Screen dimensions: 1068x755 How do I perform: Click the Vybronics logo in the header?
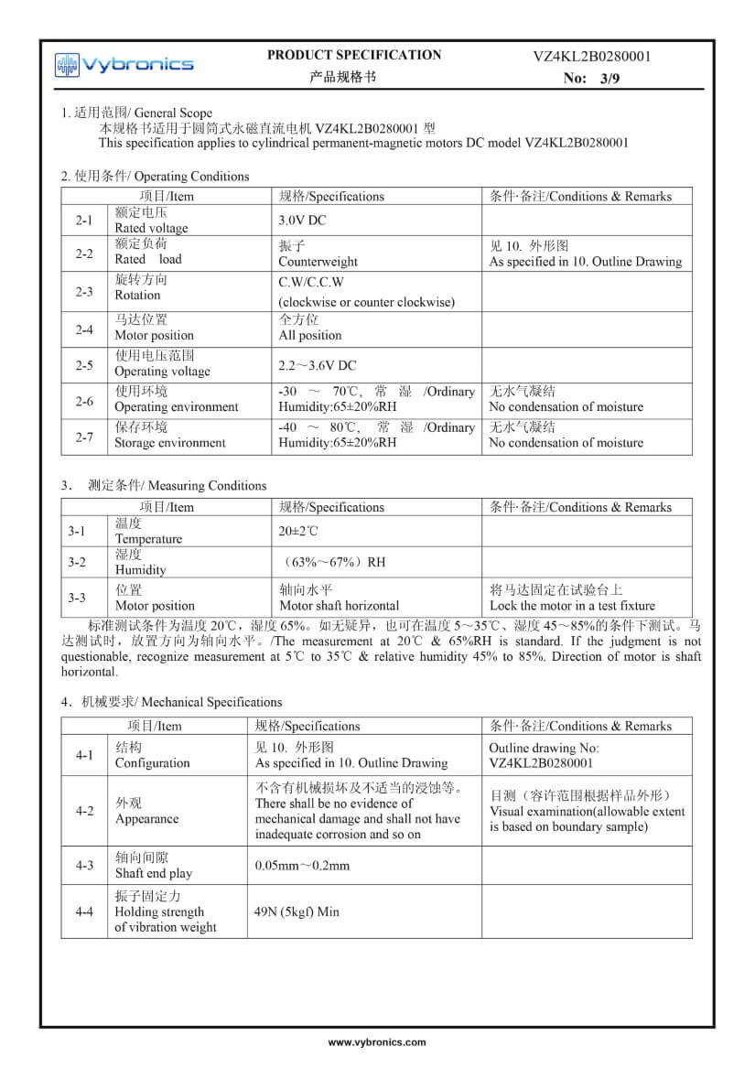click(124, 64)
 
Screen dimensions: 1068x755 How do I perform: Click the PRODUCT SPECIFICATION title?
click(353, 55)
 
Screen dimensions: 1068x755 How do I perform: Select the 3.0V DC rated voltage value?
click(302, 221)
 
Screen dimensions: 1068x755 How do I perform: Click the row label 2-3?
click(84, 292)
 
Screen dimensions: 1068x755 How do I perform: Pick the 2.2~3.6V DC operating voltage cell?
click(318, 365)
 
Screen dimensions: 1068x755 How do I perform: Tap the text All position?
click(310, 336)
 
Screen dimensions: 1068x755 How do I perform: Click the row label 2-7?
click(84, 437)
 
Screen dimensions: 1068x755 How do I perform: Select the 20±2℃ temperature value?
click(298, 531)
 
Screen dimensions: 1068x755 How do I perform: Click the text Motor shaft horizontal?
click(339, 606)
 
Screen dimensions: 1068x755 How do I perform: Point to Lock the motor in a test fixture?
click(572, 606)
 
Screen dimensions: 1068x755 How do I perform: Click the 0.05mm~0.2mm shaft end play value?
click(302, 865)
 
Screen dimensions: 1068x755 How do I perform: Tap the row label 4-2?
click(84, 811)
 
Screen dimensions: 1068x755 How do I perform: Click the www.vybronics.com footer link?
click(377, 1042)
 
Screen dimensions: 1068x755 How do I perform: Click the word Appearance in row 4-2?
click(146, 819)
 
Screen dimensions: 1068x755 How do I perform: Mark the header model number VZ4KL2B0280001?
click(592, 57)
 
